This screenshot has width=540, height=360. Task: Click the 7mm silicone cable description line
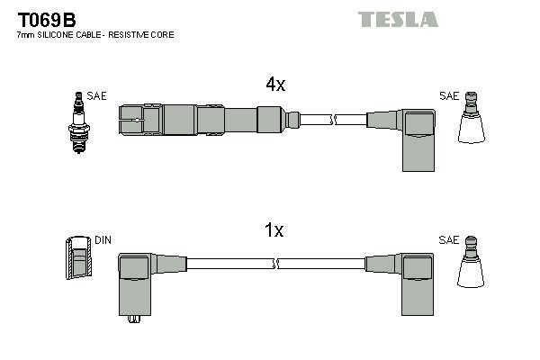(x=94, y=34)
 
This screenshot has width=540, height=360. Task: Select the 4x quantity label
(x=274, y=85)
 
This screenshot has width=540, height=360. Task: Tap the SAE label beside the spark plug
(x=96, y=95)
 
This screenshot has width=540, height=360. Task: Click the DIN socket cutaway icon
(x=79, y=259)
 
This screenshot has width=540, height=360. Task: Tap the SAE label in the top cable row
(x=448, y=95)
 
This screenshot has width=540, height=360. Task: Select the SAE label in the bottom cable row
(x=448, y=241)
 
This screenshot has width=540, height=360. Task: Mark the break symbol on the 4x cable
(x=332, y=119)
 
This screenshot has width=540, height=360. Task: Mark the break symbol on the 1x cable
(x=278, y=265)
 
